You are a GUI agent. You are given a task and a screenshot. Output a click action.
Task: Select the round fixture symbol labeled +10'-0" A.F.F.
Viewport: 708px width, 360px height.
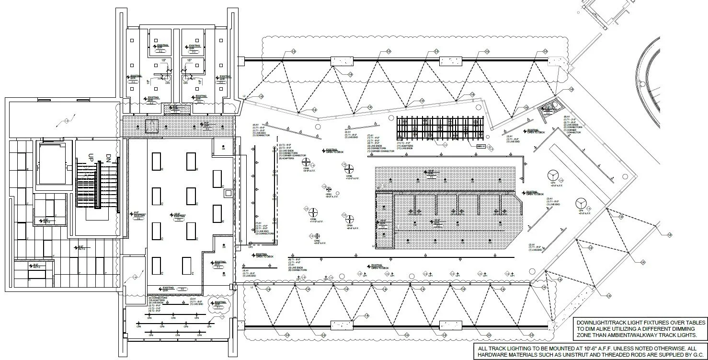pos(348,168)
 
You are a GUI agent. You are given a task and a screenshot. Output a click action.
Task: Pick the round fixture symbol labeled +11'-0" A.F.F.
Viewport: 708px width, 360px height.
pos(314,212)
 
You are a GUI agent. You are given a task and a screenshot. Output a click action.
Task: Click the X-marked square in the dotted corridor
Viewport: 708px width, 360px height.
pos(152,127)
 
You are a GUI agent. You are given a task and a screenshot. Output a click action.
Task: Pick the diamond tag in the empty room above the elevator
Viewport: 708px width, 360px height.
pos(67,120)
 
